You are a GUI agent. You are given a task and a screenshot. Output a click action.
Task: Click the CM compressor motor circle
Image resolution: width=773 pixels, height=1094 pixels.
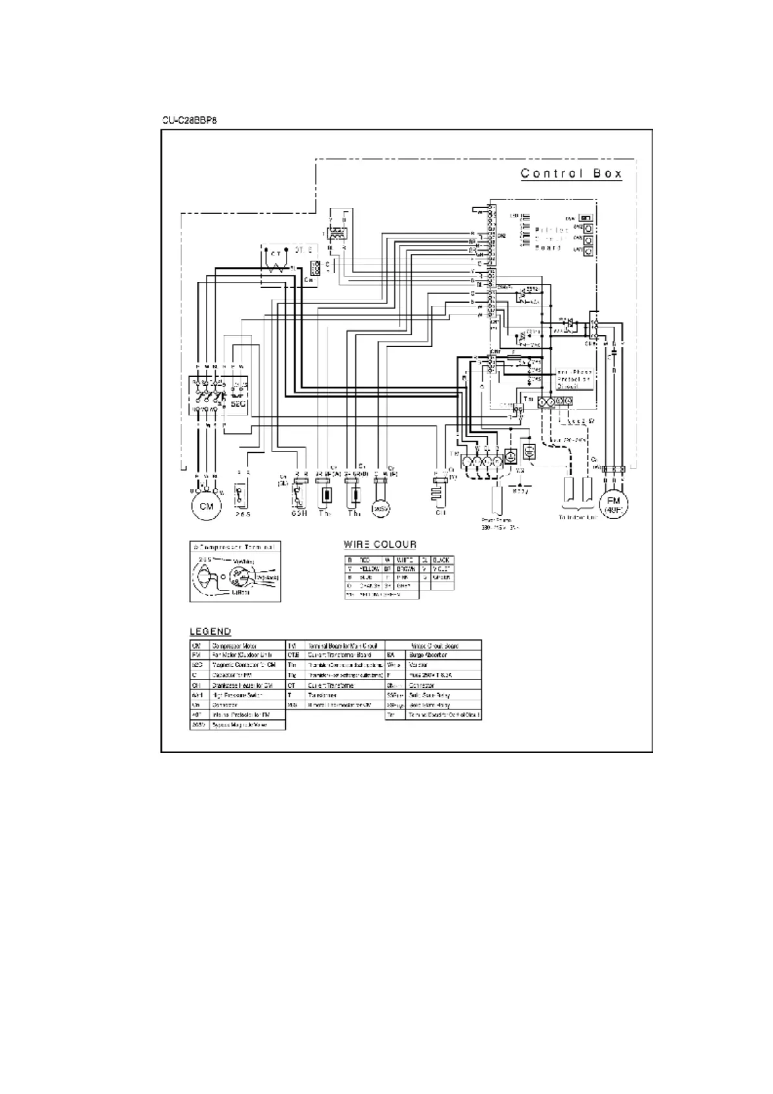coord(206,506)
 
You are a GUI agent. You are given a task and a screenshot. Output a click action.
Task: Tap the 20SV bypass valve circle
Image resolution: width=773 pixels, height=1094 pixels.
coord(379,509)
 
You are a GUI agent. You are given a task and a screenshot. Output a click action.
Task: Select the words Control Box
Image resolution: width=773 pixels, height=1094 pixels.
coord(572,173)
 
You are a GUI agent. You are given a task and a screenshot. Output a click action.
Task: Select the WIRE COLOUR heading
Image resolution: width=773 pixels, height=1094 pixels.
coord(380,544)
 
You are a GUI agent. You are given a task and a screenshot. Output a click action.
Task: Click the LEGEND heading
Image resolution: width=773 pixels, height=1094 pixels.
coord(210,631)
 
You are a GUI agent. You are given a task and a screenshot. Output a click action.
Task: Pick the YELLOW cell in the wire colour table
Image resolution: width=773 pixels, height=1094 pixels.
coord(369,568)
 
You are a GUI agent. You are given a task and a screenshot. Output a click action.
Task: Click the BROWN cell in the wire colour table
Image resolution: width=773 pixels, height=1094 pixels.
coord(406,568)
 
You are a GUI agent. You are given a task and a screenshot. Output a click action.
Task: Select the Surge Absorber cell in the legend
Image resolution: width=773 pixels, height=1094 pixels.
coord(427,655)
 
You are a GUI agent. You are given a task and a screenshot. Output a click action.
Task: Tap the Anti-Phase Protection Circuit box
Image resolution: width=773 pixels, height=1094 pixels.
coord(574,379)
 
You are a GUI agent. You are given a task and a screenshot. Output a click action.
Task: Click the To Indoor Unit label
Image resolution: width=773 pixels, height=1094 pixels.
coord(577,517)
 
